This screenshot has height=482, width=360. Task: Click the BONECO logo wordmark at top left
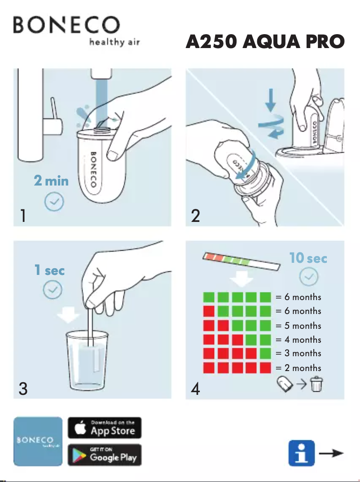66,25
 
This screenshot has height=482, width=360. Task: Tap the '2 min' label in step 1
51,181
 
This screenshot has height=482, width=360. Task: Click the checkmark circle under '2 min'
53,203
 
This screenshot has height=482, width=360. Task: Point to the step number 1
23,216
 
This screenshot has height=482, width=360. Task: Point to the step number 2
195,216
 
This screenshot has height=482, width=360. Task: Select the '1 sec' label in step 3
49,270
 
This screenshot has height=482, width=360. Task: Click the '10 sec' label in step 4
308,258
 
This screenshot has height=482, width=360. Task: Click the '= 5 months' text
299,325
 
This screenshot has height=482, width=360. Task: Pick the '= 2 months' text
299,368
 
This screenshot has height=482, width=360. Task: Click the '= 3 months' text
299,354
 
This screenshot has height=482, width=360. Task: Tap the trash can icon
316,385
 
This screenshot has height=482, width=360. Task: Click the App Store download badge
104,428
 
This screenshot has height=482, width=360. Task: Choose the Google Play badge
104,455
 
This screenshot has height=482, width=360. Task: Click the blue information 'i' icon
301,454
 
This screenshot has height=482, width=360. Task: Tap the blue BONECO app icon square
38,441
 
